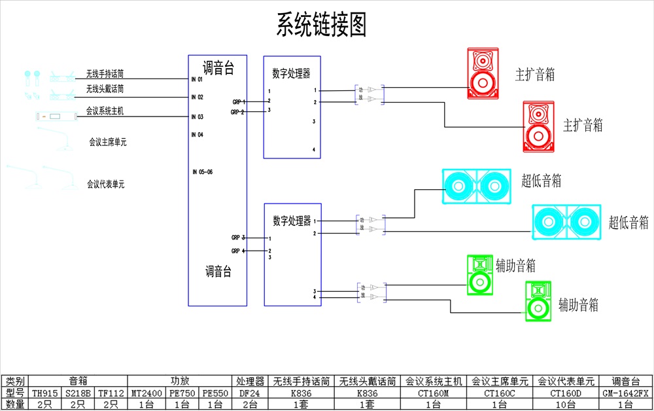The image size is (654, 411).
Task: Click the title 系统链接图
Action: [321, 25]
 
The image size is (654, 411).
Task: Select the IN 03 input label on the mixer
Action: [198, 116]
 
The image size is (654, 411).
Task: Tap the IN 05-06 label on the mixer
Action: [202, 172]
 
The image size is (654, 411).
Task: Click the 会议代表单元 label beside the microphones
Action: [105, 185]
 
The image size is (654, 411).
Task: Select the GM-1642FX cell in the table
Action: [626, 393]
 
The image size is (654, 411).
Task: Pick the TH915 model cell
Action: [46, 393]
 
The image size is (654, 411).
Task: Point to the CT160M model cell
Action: [434, 393]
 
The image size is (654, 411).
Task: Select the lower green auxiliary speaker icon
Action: [538, 301]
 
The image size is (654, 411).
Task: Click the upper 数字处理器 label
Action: [291, 74]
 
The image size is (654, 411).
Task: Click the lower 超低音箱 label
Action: [628, 223]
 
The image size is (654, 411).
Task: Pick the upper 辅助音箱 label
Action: [515, 266]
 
